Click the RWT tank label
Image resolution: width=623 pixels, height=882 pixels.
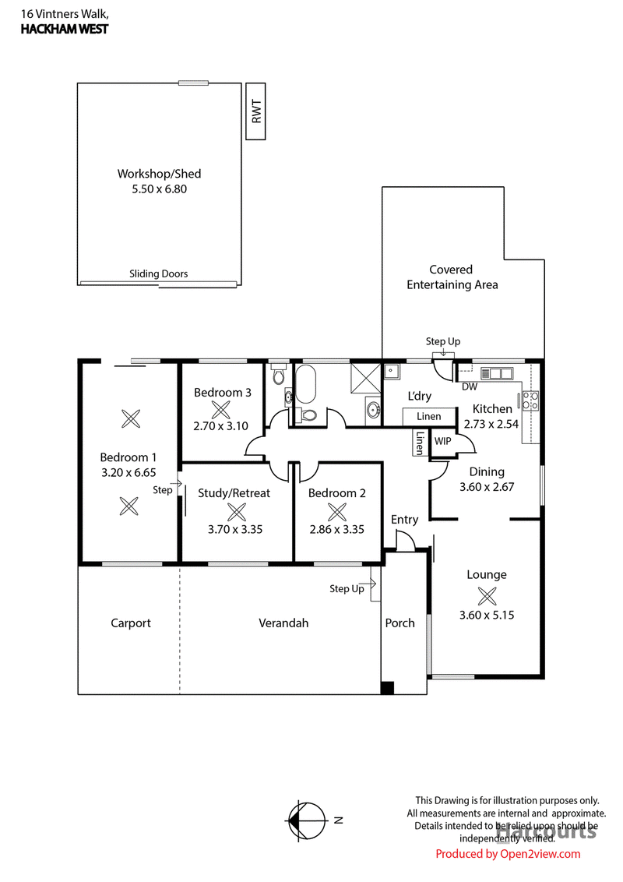point(256,111)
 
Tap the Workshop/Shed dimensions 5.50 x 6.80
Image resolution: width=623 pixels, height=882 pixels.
point(159,189)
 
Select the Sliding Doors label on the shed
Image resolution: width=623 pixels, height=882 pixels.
point(159,274)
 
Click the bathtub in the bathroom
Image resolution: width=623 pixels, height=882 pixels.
point(306,384)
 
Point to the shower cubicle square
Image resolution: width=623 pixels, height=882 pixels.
point(366,376)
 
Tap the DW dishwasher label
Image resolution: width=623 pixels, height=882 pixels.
point(470,386)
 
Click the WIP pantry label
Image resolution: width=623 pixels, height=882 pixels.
point(442,441)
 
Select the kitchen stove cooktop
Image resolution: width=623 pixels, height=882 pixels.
point(530,400)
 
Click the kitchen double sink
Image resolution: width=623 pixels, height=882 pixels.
point(497,373)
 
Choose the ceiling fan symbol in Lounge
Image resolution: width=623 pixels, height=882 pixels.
point(487,596)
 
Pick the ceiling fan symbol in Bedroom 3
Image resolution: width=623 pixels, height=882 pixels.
point(220,410)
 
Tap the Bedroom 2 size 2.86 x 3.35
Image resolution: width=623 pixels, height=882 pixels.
point(336,529)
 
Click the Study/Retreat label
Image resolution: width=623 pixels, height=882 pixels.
point(234,493)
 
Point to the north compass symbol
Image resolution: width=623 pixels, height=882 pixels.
point(307,820)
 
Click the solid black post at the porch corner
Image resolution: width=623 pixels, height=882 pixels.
point(387,687)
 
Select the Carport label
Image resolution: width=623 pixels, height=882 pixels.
point(131,623)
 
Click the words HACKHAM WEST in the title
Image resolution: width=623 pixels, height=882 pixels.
point(65,30)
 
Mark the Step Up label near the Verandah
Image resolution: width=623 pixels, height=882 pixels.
point(347,588)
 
